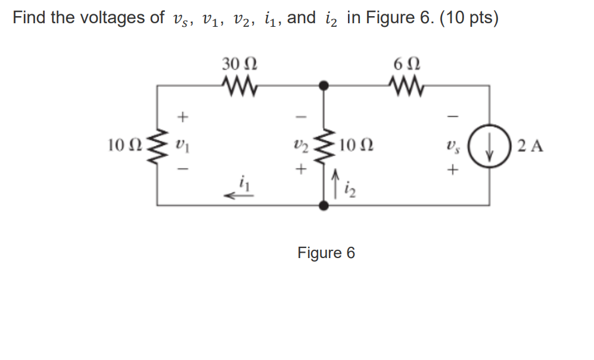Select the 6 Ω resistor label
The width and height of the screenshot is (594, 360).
click(406, 63)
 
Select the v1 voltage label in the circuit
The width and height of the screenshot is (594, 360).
click(182, 145)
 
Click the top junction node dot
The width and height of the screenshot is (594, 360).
click(324, 86)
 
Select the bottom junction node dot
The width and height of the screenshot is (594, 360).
click(324, 206)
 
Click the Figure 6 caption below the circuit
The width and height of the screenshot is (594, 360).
click(326, 253)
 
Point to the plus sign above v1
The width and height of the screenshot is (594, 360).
click(183, 116)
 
